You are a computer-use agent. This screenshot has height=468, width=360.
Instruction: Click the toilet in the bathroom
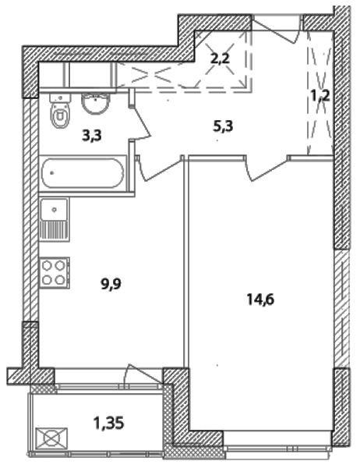click(61, 111)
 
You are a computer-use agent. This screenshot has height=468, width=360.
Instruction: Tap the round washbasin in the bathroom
click(95, 103)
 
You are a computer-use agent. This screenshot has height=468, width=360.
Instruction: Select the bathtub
click(83, 173)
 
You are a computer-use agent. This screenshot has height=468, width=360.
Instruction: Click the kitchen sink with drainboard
click(55, 219)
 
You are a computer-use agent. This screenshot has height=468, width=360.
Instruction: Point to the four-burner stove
click(55, 273)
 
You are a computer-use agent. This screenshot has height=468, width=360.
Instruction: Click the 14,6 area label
click(260, 300)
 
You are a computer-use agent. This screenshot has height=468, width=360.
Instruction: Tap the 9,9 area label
click(111, 284)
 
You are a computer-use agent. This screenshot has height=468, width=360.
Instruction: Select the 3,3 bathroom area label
click(92, 135)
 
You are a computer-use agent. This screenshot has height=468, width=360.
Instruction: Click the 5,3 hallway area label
click(223, 126)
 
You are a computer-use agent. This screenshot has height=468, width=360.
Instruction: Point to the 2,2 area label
click(220, 58)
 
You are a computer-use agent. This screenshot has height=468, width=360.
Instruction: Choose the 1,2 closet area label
click(320, 96)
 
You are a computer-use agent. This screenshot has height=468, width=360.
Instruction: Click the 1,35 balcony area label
click(108, 423)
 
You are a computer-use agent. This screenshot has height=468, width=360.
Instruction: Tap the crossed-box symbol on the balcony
click(51, 438)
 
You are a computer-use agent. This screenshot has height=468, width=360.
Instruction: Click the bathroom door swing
click(141, 122)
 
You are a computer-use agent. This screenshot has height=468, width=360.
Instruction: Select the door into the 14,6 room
click(266, 168)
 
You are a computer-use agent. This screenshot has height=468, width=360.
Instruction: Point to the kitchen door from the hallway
click(159, 168)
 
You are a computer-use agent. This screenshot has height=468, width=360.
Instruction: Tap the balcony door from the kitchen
click(143, 374)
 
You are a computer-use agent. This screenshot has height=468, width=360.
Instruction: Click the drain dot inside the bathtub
click(52, 172)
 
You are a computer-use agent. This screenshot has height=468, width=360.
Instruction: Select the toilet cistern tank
click(61, 97)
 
